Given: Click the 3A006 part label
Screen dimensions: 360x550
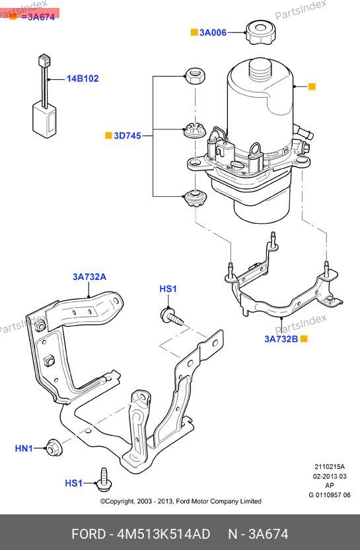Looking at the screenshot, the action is [x=213, y=32].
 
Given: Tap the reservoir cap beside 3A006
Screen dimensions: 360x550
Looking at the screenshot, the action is [x=260, y=32].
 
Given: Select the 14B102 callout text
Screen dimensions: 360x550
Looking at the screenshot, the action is [x=83, y=79].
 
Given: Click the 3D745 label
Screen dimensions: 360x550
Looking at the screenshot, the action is [x=127, y=136].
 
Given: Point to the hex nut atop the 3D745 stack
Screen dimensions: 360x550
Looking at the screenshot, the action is [x=195, y=75].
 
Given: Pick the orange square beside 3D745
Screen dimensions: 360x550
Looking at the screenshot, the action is [x=108, y=135].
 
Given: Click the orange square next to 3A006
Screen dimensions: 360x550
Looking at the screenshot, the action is [x=194, y=32].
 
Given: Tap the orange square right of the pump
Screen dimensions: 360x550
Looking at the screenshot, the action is [x=312, y=86].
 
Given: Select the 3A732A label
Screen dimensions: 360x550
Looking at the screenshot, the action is [x=89, y=277].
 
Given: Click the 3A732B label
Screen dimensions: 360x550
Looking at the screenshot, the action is [x=281, y=339].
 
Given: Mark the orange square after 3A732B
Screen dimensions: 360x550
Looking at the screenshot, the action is [x=304, y=339].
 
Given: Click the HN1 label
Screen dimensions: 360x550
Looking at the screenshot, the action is [x=24, y=448].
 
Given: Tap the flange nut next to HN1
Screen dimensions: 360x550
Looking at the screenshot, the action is [x=54, y=448].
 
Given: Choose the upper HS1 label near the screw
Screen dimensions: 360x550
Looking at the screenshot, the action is [x=168, y=289].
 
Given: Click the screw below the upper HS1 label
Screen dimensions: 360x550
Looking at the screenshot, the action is [x=172, y=316].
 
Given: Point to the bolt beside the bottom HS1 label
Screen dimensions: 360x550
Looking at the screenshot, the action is [x=104, y=480].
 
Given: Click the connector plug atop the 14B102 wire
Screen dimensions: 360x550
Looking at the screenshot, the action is [x=44, y=60].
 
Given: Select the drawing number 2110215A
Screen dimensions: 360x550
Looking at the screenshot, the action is [x=330, y=467].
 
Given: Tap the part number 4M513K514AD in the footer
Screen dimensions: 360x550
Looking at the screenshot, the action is [x=164, y=534].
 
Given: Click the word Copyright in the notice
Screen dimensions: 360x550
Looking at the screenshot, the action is [x=120, y=502].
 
